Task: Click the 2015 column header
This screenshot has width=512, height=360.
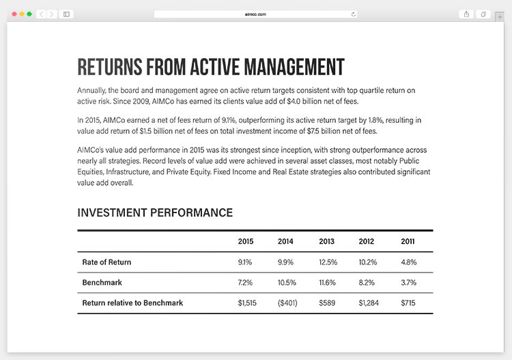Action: click(x=246, y=241)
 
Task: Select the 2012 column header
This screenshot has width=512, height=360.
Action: click(x=367, y=241)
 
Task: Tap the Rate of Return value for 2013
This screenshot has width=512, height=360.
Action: click(x=328, y=262)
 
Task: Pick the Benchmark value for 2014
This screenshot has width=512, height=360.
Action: click(x=287, y=282)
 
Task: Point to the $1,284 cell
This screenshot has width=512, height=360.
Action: click(x=369, y=303)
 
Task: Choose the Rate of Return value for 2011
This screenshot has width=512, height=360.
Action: click(x=408, y=262)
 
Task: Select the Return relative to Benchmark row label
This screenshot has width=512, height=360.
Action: click(x=132, y=303)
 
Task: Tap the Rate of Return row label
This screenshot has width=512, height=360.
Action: click(x=106, y=262)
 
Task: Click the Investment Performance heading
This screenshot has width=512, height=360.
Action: click(x=155, y=212)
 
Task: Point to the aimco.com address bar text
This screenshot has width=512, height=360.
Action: click(x=255, y=14)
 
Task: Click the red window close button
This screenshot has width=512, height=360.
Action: click(x=14, y=14)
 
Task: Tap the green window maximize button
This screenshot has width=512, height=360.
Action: click(x=29, y=14)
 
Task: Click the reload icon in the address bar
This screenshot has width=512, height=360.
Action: click(x=353, y=14)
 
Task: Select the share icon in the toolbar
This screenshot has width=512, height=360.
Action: click(x=466, y=14)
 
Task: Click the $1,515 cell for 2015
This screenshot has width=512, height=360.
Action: click(x=247, y=303)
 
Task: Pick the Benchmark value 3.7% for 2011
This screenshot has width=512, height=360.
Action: click(x=408, y=282)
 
